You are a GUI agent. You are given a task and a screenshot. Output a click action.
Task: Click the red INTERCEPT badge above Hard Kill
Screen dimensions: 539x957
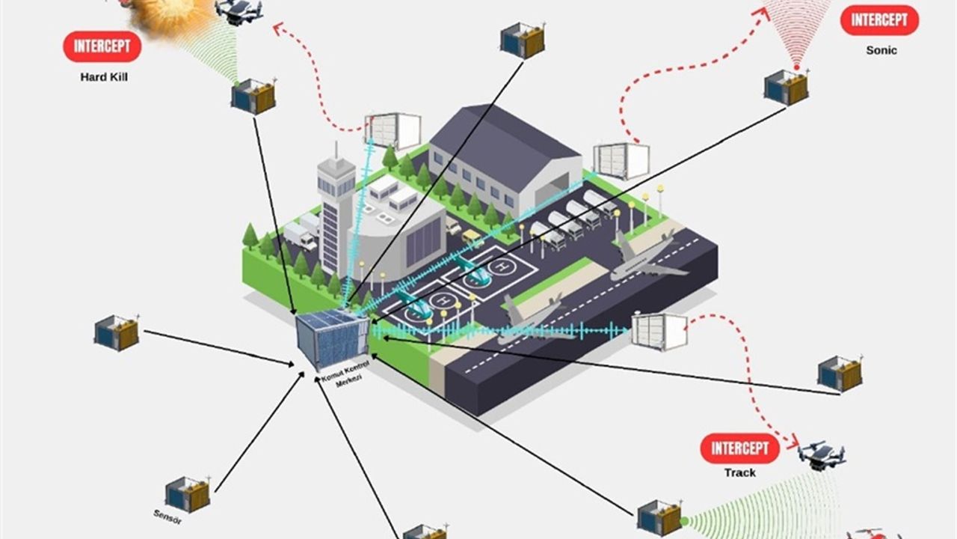click(x=102, y=46)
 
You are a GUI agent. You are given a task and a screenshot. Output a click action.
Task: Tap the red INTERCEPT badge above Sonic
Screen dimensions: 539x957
click(x=879, y=20)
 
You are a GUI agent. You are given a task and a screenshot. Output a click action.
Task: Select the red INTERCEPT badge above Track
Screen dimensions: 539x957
click(x=739, y=448)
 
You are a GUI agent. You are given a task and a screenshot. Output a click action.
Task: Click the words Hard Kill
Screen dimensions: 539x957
click(x=104, y=76)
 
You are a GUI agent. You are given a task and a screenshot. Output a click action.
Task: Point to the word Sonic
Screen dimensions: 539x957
click(x=881, y=50)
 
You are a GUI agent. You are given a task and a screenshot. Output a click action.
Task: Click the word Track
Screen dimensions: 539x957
click(x=739, y=473)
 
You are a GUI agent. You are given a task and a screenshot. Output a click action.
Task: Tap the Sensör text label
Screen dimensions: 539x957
click(x=167, y=516)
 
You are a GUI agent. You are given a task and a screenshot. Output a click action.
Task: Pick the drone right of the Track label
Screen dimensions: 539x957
click(x=821, y=454)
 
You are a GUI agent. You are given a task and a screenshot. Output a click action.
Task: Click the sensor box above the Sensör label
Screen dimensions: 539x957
click(x=188, y=494)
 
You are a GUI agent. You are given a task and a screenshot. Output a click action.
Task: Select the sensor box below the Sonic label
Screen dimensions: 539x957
click(x=786, y=87)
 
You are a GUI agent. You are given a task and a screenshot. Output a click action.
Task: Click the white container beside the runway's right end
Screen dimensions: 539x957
click(x=659, y=331)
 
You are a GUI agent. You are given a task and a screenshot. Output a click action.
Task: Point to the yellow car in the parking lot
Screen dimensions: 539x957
click(x=473, y=237)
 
